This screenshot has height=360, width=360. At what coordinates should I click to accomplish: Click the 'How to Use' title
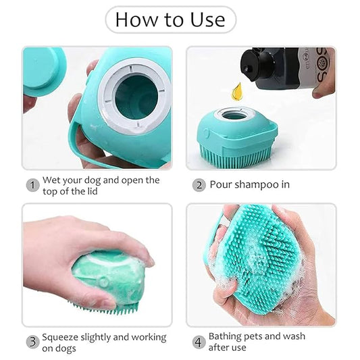coord(170,20)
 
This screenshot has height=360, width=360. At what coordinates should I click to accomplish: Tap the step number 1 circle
coord(32,185)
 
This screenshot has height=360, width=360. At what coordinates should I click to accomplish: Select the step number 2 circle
coord(199,185)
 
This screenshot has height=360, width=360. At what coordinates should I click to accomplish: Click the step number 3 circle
coord(32,342)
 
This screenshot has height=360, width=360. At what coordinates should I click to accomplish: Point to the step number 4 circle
coord(199,342)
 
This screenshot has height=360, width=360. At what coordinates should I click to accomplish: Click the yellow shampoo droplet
coord(236,89)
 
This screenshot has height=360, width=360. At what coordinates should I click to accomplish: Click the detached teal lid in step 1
coord(43,72)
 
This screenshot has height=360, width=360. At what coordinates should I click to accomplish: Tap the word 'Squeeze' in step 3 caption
coord(62,337)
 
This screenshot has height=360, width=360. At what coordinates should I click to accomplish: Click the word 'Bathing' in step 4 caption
coord(227,336)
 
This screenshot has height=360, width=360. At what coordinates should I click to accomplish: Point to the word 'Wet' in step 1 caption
coord(52,180)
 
